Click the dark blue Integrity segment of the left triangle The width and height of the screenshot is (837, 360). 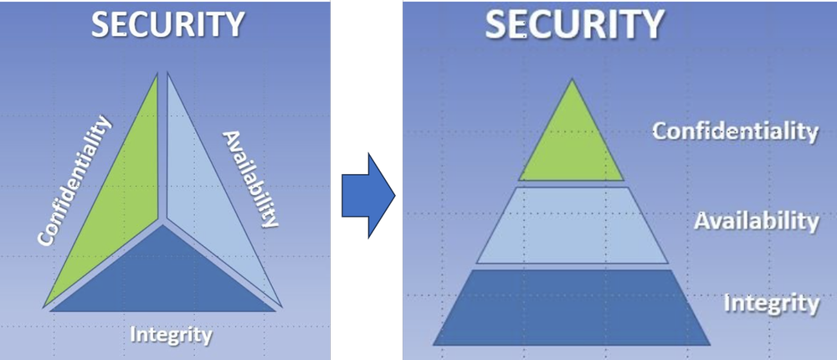(x=164, y=276)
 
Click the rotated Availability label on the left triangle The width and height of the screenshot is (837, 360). (x=249, y=178)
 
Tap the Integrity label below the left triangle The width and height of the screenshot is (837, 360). (x=171, y=335)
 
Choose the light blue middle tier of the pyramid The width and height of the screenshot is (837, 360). (x=572, y=224)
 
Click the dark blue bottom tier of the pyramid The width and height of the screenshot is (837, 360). (x=572, y=306)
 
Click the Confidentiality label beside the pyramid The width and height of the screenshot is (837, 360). (x=734, y=131)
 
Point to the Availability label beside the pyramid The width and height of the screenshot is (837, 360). (x=756, y=221)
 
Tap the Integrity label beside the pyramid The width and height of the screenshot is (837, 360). (x=770, y=302)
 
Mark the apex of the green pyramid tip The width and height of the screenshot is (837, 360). (x=572, y=80)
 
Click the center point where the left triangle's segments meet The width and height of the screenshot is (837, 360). (x=163, y=222)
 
